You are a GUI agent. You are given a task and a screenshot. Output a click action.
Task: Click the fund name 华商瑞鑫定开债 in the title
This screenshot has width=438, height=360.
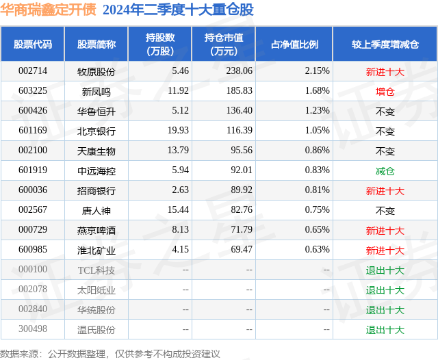click(49, 10)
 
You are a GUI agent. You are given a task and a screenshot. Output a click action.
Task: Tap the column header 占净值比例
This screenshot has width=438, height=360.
click(299, 44)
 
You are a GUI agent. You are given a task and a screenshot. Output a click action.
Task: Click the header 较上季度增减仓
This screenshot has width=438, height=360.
click(385, 44)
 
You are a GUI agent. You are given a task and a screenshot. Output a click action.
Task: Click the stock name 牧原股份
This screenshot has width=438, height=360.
click(96, 71)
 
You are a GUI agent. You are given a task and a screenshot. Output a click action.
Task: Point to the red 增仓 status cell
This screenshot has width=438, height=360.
click(385, 91)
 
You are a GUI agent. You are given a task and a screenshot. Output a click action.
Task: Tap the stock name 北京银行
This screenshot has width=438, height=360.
click(96, 131)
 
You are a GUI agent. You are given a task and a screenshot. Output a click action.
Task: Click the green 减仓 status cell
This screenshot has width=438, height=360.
click(385, 170)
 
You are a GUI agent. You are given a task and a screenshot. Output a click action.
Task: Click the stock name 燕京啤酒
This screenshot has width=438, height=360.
click(96, 231)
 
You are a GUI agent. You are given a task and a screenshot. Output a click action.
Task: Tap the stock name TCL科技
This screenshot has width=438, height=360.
click(96, 270)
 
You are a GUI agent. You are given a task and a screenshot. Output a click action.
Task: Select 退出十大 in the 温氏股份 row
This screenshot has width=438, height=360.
click(385, 330)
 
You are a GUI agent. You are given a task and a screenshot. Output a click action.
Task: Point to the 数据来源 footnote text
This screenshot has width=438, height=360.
click(109, 353)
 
